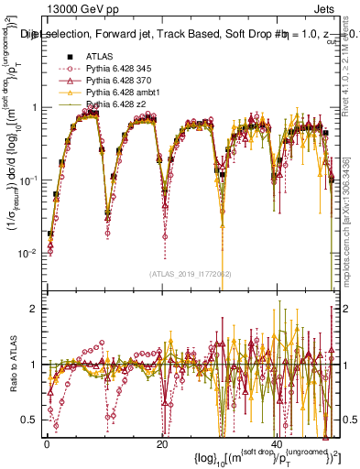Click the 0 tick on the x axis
[x=46, y=443]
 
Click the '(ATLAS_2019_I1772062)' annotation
[x=191, y=274]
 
